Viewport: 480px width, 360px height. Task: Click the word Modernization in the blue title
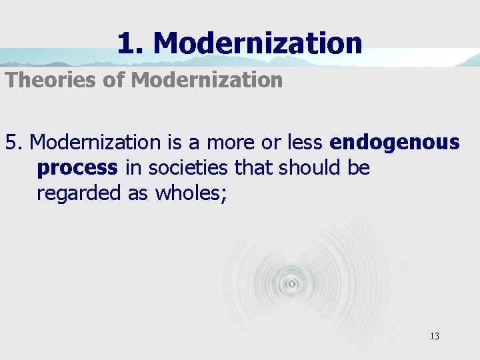(257, 43)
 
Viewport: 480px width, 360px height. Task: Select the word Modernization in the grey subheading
(207, 81)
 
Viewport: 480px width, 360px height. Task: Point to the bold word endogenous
(395, 142)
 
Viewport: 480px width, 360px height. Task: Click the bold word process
(77, 167)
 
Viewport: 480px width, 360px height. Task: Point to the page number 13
(434, 336)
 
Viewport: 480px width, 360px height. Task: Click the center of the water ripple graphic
(291, 283)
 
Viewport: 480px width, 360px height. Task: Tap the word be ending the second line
(357, 167)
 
